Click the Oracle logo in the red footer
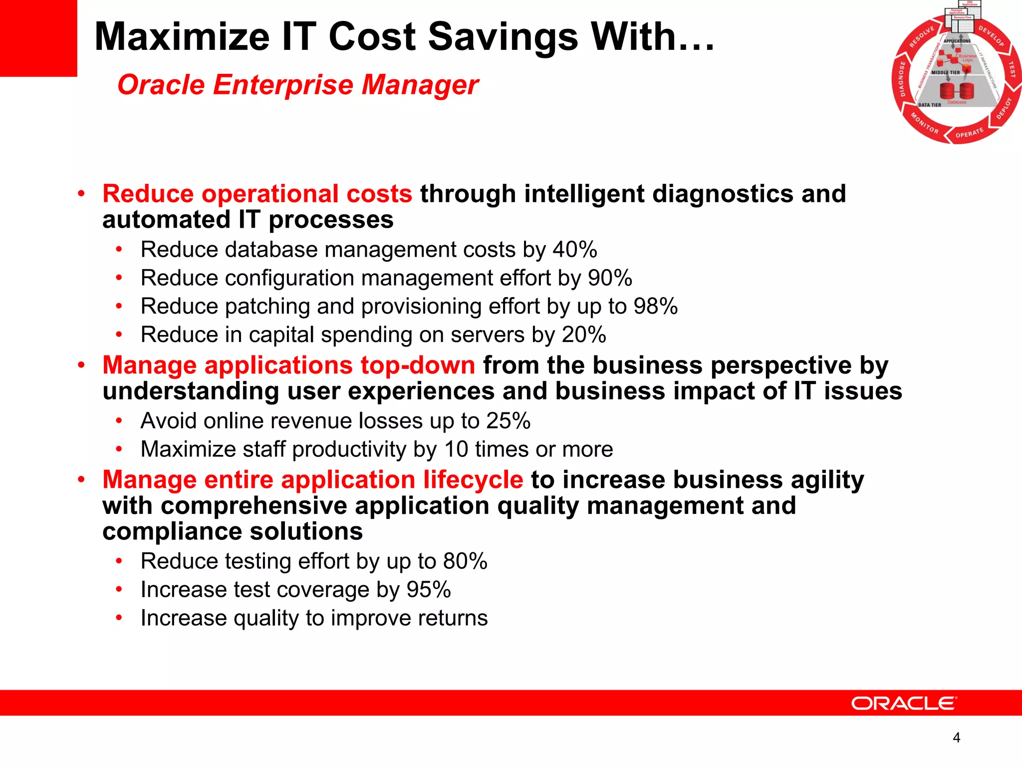point(904,704)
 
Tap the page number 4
point(956,738)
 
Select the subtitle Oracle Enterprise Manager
point(298,84)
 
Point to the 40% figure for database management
point(574,250)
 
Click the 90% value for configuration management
point(610,278)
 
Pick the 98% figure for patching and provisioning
point(655,307)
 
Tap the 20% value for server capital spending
point(583,335)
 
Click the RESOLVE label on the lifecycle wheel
point(921,37)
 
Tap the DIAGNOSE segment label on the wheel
point(902,79)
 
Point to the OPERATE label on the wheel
point(969,133)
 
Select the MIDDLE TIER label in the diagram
point(945,72)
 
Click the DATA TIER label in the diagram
point(929,105)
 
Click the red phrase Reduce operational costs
point(257,194)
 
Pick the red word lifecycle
point(473,480)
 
